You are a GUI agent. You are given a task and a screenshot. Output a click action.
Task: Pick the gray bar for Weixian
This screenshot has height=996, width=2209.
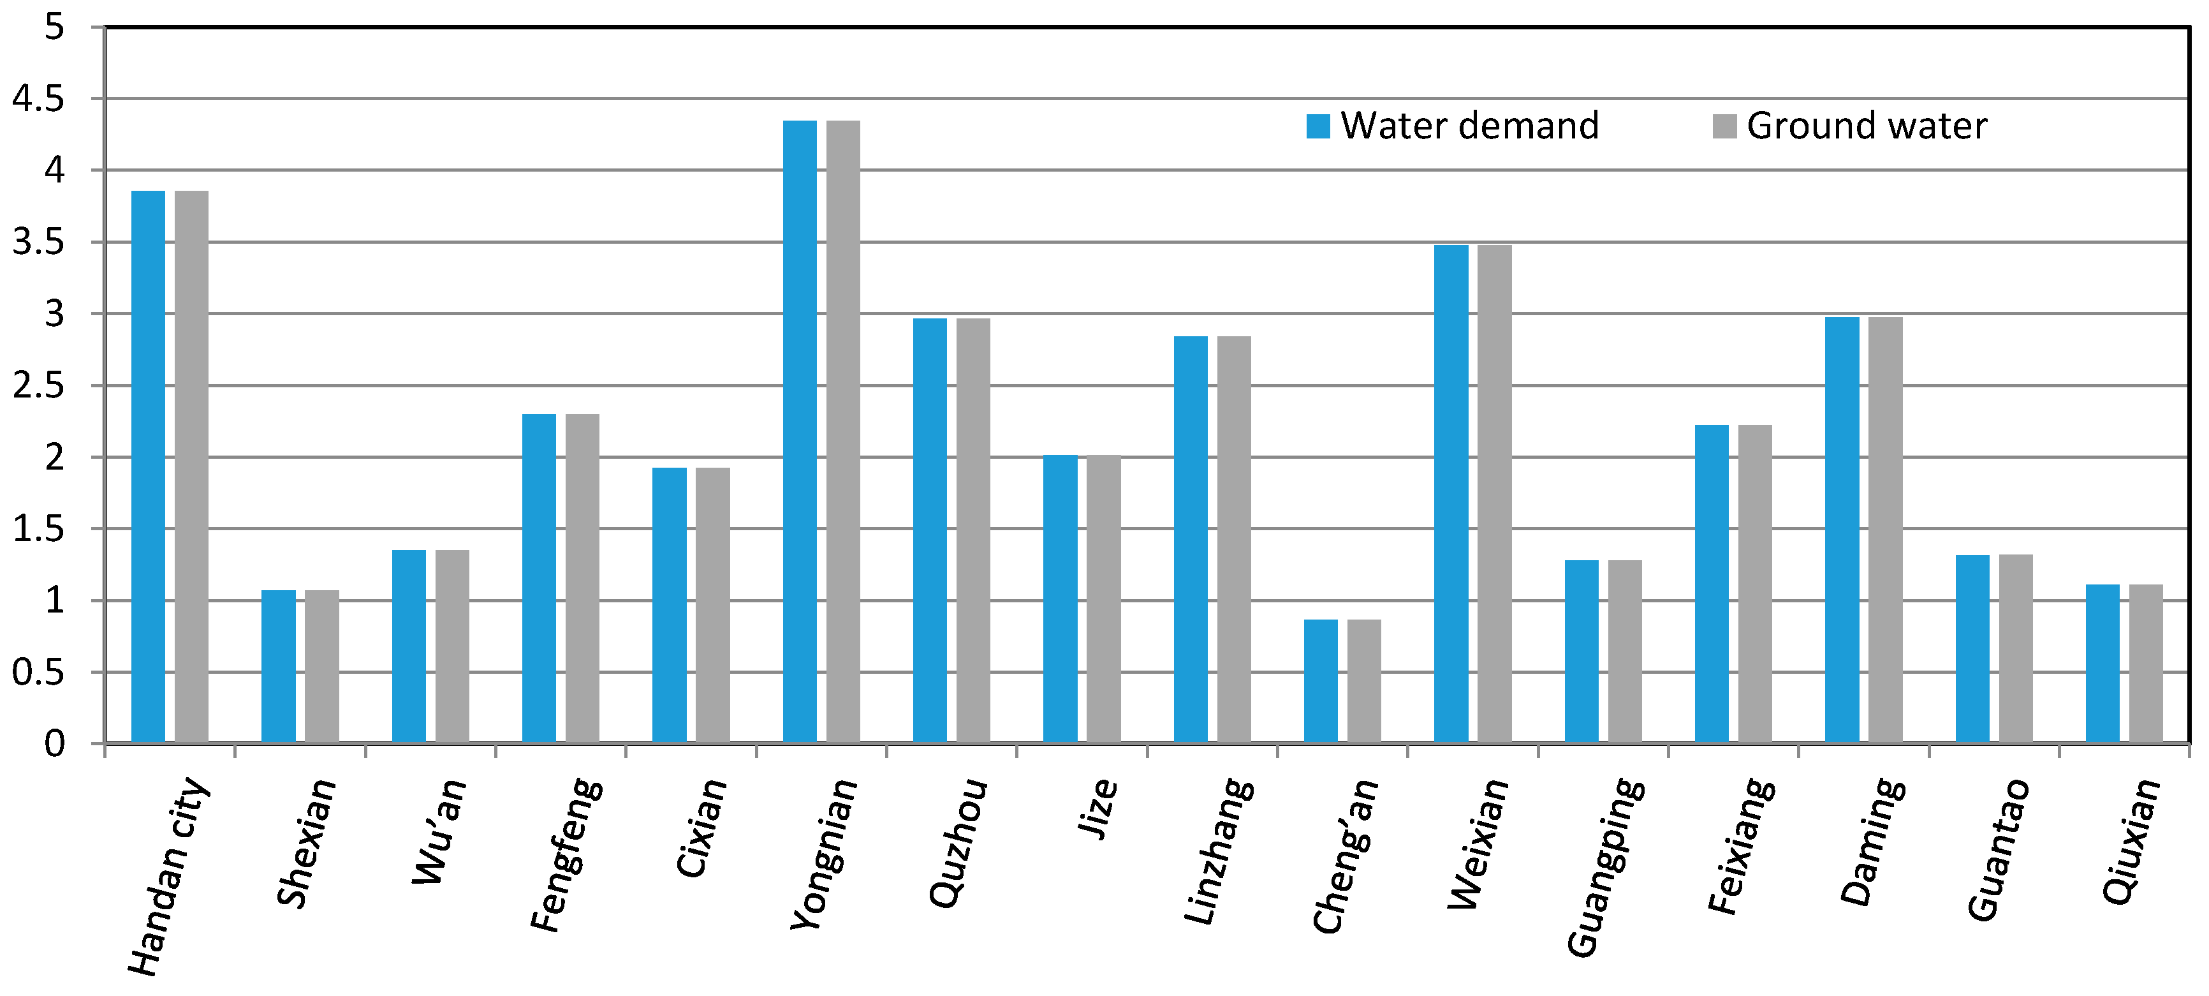click(x=1494, y=493)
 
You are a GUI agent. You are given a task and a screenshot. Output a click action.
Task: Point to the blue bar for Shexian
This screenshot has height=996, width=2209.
click(x=278, y=665)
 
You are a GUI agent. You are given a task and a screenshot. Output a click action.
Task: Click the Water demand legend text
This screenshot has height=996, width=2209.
click(x=1470, y=126)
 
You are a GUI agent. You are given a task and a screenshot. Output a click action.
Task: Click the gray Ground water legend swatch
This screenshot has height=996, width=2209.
click(x=1724, y=126)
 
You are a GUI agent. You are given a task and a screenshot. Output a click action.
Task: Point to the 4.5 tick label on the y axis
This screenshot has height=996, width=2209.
click(x=39, y=100)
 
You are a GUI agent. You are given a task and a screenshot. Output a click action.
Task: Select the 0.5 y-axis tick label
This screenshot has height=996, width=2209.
click(x=39, y=673)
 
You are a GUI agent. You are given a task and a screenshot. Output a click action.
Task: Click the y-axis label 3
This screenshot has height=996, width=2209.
click(x=54, y=314)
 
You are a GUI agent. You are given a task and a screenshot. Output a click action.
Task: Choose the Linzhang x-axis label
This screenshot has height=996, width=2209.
click(x=1218, y=851)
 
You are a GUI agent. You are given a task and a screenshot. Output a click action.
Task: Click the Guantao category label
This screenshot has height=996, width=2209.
click(x=1998, y=849)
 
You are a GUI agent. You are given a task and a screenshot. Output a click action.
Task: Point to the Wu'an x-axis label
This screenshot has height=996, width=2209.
click(x=439, y=831)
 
